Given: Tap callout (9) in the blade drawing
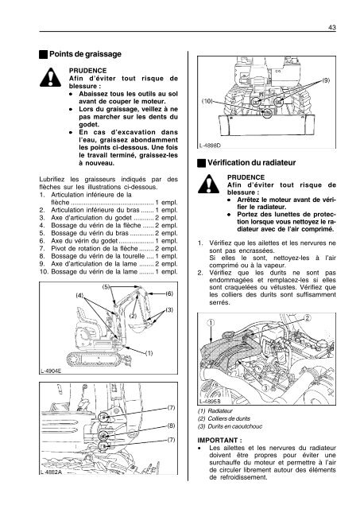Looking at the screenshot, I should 327,80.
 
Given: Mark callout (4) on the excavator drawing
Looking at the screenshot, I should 80,295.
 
